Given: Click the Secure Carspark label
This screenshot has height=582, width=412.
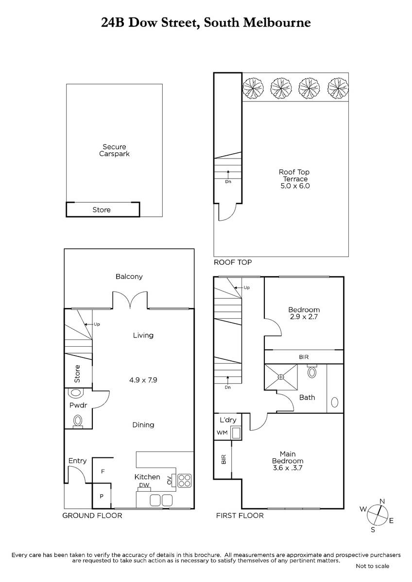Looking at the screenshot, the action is pos(114,150).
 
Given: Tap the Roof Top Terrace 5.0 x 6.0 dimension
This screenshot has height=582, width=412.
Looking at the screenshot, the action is pos(295,186).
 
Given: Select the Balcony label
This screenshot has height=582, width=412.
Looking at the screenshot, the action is pos(129,276).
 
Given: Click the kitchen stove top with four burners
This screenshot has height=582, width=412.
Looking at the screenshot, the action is pos(185,481).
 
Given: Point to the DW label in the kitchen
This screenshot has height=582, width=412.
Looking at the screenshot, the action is pos(144,485).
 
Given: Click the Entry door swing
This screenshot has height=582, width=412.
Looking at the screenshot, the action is pos(77,474).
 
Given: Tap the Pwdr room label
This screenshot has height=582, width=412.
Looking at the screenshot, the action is pos(78,405).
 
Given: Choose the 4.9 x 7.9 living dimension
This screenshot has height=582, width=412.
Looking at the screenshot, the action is pos(143,380).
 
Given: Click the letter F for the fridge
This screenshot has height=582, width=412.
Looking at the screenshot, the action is pos(103,471).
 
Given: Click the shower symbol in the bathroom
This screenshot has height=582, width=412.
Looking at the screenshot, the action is pos(281,377).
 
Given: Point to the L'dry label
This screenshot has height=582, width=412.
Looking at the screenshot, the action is pos(228,420).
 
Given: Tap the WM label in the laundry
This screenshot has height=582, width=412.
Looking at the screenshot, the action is pos(222,433).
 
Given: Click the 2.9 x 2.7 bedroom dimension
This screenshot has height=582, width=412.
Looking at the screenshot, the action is pos(304,317).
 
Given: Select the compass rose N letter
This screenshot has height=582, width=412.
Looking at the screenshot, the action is pos(382,501).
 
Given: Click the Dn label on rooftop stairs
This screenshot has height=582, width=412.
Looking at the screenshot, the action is pos(228,181).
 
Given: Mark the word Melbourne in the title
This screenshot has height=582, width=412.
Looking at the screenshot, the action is pos(277,22).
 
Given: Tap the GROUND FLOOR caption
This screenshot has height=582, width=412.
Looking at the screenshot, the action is pos(92,516).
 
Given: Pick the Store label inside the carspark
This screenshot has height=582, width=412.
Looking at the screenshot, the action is pos(102,210).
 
